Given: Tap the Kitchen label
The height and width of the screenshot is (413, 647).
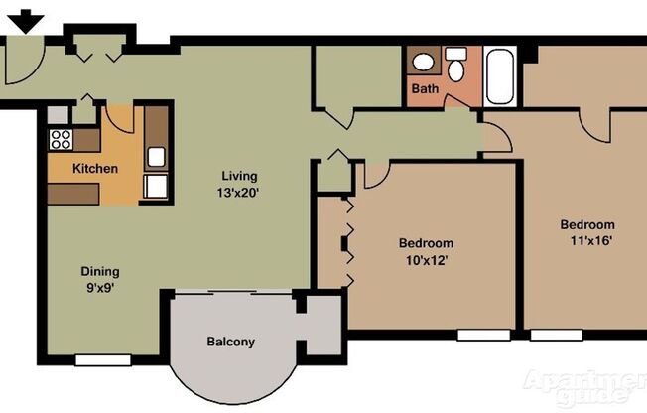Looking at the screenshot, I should click(x=95, y=168).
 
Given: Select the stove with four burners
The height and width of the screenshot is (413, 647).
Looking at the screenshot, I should click(x=61, y=140).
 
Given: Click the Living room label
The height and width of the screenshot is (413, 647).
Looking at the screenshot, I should click(x=239, y=177).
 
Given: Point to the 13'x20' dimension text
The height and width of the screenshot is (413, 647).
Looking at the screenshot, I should click(x=239, y=193).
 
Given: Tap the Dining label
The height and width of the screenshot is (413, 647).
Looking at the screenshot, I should click(x=100, y=271).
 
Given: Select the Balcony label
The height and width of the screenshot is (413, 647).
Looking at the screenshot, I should click(x=230, y=343).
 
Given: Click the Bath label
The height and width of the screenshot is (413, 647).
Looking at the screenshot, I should click(x=425, y=89).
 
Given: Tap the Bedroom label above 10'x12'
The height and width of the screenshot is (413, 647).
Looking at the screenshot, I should click(x=427, y=243).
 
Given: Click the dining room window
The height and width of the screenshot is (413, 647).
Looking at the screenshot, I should click(x=103, y=360).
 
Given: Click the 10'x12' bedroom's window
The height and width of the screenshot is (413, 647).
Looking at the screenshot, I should click(x=483, y=335).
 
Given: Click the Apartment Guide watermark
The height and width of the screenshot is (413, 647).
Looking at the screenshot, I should click(x=584, y=387).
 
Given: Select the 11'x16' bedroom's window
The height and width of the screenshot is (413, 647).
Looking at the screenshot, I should click(x=556, y=336).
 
